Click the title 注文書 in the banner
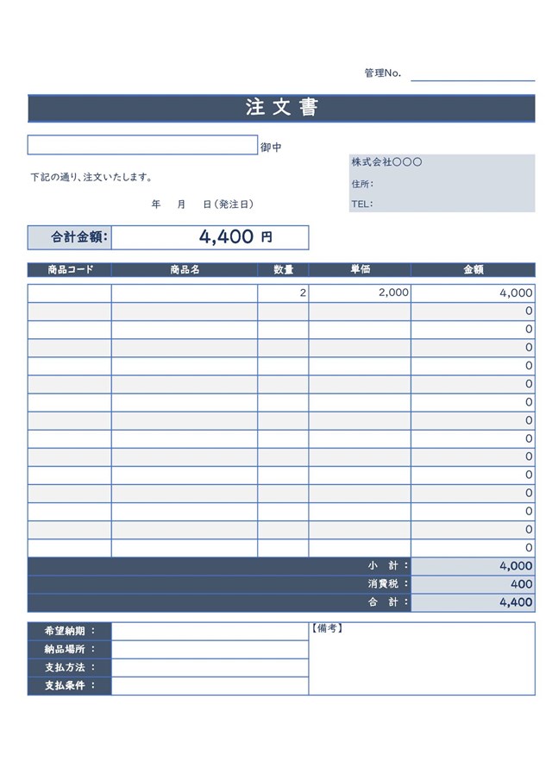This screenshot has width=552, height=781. click(282, 108)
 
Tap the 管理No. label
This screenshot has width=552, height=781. click(382, 73)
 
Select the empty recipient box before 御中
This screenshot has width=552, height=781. click(142, 145)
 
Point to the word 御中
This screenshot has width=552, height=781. click(271, 148)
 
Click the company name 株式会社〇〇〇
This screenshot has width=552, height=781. click(386, 162)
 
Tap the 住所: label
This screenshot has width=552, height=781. click(362, 184)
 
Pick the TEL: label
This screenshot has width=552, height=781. click(362, 205)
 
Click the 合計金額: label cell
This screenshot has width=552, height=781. click(70, 237)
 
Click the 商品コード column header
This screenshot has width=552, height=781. click(70, 269)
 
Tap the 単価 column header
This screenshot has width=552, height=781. click(360, 269)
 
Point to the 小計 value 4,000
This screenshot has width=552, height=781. click(515, 566)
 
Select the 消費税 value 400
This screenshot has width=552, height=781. click(521, 584)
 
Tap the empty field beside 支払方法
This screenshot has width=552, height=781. click(210, 667)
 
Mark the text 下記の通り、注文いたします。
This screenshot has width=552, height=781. click(91, 178)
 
